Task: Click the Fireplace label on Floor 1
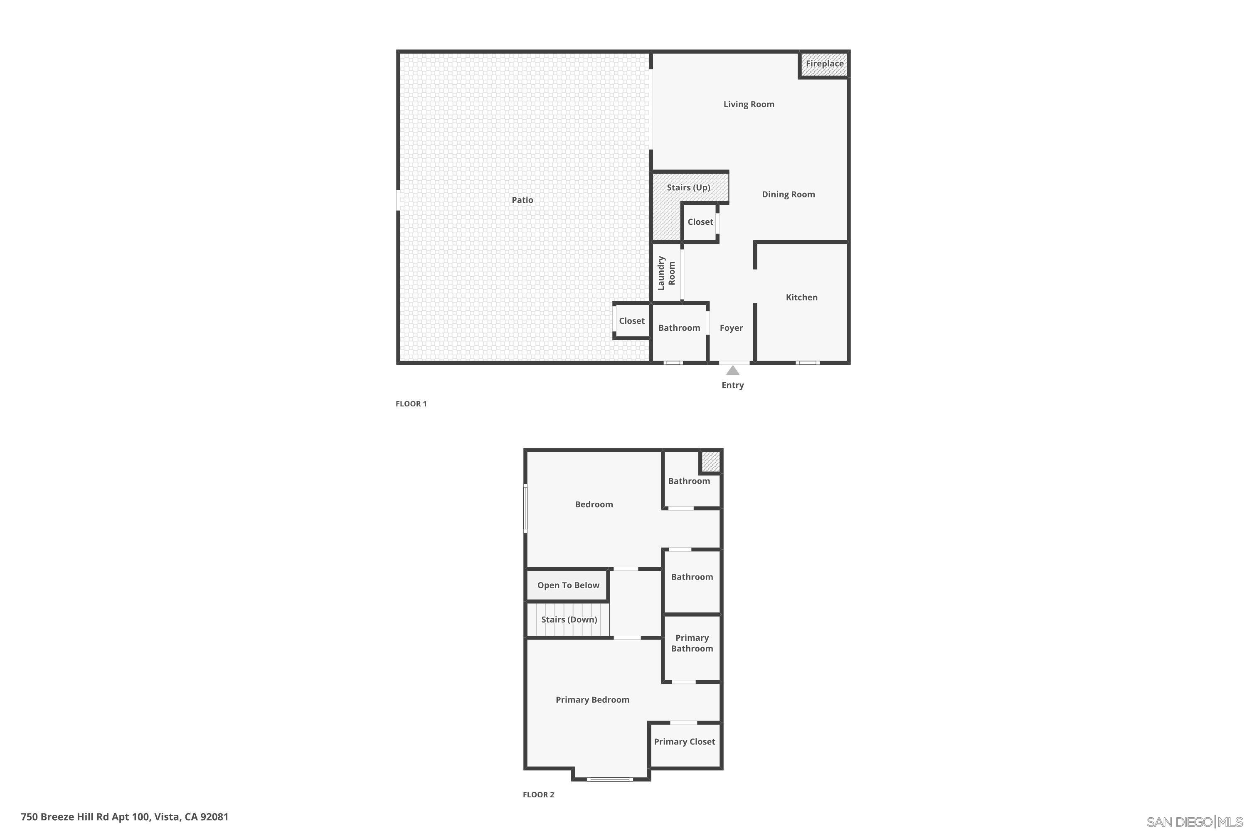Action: (824, 64)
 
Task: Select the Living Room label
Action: (749, 104)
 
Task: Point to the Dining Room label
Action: (788, 194)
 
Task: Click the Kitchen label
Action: (801, 297)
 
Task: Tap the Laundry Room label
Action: (666, 273)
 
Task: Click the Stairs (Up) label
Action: (688, 188)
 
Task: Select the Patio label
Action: (522, 200)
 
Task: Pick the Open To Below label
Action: (568, 585)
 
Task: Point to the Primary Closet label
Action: (684, 741)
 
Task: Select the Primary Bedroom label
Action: (592, 700)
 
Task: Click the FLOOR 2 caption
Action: (538, 794)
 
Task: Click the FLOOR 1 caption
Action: (411, 404)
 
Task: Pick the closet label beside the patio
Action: (631, 321)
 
